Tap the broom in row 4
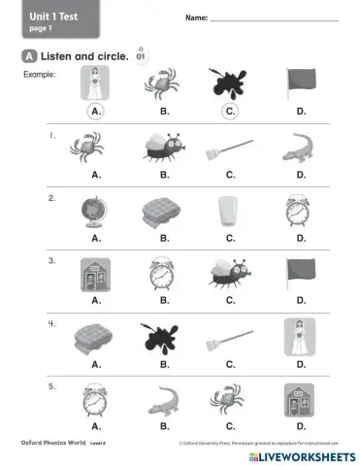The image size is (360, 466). pos(230,338)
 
